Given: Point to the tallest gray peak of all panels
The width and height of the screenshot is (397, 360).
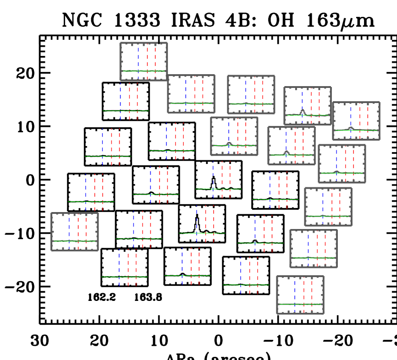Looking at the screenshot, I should pyautogui.click(x=303, y=111).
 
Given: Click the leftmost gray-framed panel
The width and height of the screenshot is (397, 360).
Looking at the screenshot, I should pyautogui.click(x=75, y=231).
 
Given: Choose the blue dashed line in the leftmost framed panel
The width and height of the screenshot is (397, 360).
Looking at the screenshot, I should pyautogui.click(x=69, y=229).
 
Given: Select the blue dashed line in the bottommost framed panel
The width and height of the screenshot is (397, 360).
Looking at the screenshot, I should pyautogui.click(x=295, y=293).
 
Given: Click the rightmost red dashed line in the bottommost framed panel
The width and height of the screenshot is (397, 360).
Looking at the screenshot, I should pyautogui.click(x=312, y=293).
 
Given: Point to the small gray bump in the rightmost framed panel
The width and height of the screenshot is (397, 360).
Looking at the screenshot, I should pyautogui.click(x=351, y=128).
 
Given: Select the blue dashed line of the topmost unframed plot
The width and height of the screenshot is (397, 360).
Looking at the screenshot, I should pyautogui.click(x=121, y=98).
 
